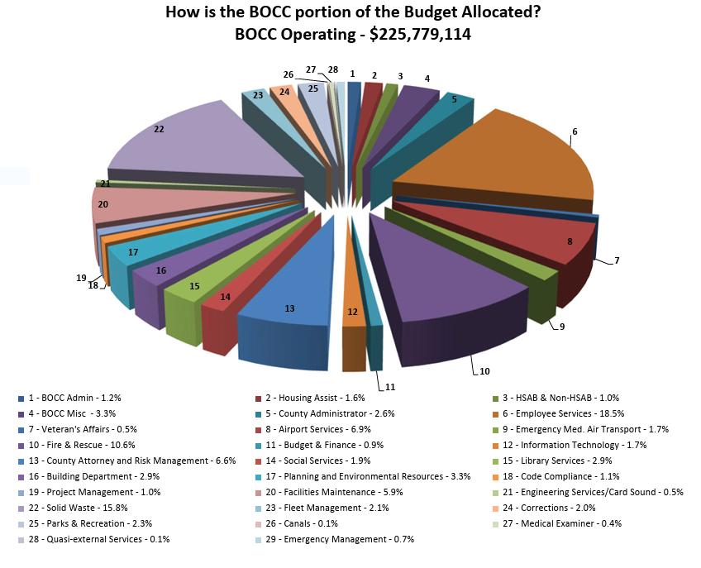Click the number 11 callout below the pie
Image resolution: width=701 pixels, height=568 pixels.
pyautogui.click(x=390, y=387)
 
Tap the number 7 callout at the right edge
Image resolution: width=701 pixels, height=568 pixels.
pyautogui.click(x=617, y=260)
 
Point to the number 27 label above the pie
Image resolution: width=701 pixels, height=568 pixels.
pyautogui.click(x=311, y=69)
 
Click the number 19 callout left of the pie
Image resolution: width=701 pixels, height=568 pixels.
pyautogui.click(x=81, y=278)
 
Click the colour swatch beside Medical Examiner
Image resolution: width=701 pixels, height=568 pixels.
pyautogui.click(x=495, y=524)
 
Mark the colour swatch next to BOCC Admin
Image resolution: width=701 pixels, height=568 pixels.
pyautogui.click(x=21, y=399)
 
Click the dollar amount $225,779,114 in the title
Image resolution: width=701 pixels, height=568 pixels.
pyautogui.click(x=420, y=35)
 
